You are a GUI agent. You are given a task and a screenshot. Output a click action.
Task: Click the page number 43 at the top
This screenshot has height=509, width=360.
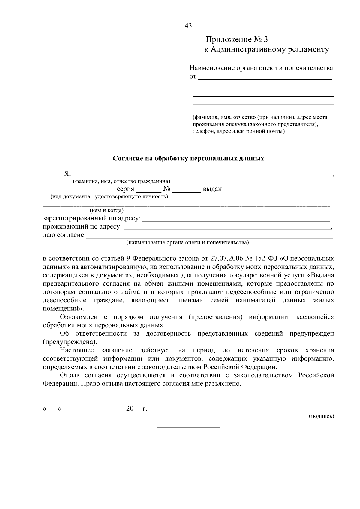click(x=188, y=26)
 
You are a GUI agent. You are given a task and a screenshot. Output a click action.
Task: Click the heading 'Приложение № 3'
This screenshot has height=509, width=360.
click(x=236, y=40)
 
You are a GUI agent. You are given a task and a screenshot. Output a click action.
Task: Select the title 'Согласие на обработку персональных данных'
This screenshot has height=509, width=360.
click(x=188, y=158)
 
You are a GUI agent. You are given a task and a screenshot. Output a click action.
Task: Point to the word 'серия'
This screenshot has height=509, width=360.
click(x=125, y=189)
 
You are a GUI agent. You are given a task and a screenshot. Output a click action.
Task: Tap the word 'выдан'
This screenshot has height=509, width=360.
click(x=212, y=189)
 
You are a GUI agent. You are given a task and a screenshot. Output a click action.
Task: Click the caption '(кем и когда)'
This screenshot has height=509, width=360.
click(x=106, y=211)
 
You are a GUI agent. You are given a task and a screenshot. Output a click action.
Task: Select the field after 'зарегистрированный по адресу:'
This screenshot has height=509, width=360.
click(x=235, y=220)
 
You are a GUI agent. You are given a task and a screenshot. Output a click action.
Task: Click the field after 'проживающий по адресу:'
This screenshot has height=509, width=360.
click(x=226, y=228)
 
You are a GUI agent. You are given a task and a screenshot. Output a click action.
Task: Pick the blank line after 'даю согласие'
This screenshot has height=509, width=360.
click(x=209, y=237)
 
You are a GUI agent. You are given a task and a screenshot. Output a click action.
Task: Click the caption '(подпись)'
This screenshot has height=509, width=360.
click(x=322, y=416)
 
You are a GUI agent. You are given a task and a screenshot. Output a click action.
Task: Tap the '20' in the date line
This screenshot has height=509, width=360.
click(x=130, y=409)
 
